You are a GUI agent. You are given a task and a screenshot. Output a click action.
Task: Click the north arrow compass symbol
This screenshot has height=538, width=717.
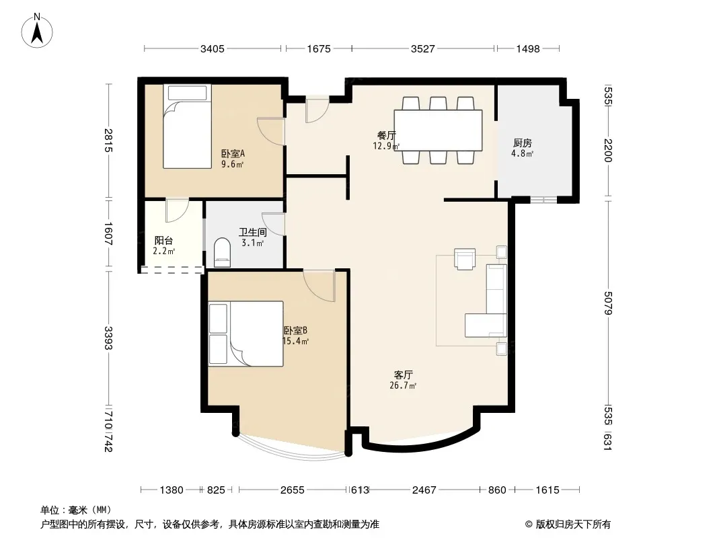37,31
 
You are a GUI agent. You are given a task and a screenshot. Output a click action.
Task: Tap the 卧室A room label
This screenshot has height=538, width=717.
233,153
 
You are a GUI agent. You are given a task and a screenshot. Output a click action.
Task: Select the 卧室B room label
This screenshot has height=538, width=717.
295,330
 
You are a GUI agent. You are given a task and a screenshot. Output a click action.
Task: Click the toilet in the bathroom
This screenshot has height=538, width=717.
223,252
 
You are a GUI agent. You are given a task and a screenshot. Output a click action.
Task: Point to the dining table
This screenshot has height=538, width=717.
438,130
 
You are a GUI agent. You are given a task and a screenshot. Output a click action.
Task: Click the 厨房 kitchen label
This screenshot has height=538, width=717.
522,143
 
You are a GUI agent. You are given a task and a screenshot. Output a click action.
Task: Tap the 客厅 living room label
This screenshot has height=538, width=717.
403,375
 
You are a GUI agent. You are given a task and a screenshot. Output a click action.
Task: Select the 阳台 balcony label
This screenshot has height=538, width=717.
163,240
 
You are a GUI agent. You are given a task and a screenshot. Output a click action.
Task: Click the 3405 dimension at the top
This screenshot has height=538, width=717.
212,48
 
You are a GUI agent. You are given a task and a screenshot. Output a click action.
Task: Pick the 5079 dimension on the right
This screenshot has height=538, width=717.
608,303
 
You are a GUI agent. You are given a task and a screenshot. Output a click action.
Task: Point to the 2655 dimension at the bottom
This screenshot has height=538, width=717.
292,490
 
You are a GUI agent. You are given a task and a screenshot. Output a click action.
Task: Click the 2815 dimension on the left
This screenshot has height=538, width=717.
108,141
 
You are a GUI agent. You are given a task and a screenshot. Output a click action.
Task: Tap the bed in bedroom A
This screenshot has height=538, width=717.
187,126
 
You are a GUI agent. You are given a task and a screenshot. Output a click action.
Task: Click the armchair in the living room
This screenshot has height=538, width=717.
465,258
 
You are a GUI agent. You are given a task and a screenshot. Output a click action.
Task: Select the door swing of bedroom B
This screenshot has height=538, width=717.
319,285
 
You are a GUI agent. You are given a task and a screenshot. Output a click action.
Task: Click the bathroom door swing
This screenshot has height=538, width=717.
274,224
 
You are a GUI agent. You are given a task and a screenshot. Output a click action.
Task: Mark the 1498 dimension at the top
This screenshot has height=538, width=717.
528,48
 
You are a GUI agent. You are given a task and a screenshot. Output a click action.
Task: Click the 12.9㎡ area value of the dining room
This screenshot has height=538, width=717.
386,146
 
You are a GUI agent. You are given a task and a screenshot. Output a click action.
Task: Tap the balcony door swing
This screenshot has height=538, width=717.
177,210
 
